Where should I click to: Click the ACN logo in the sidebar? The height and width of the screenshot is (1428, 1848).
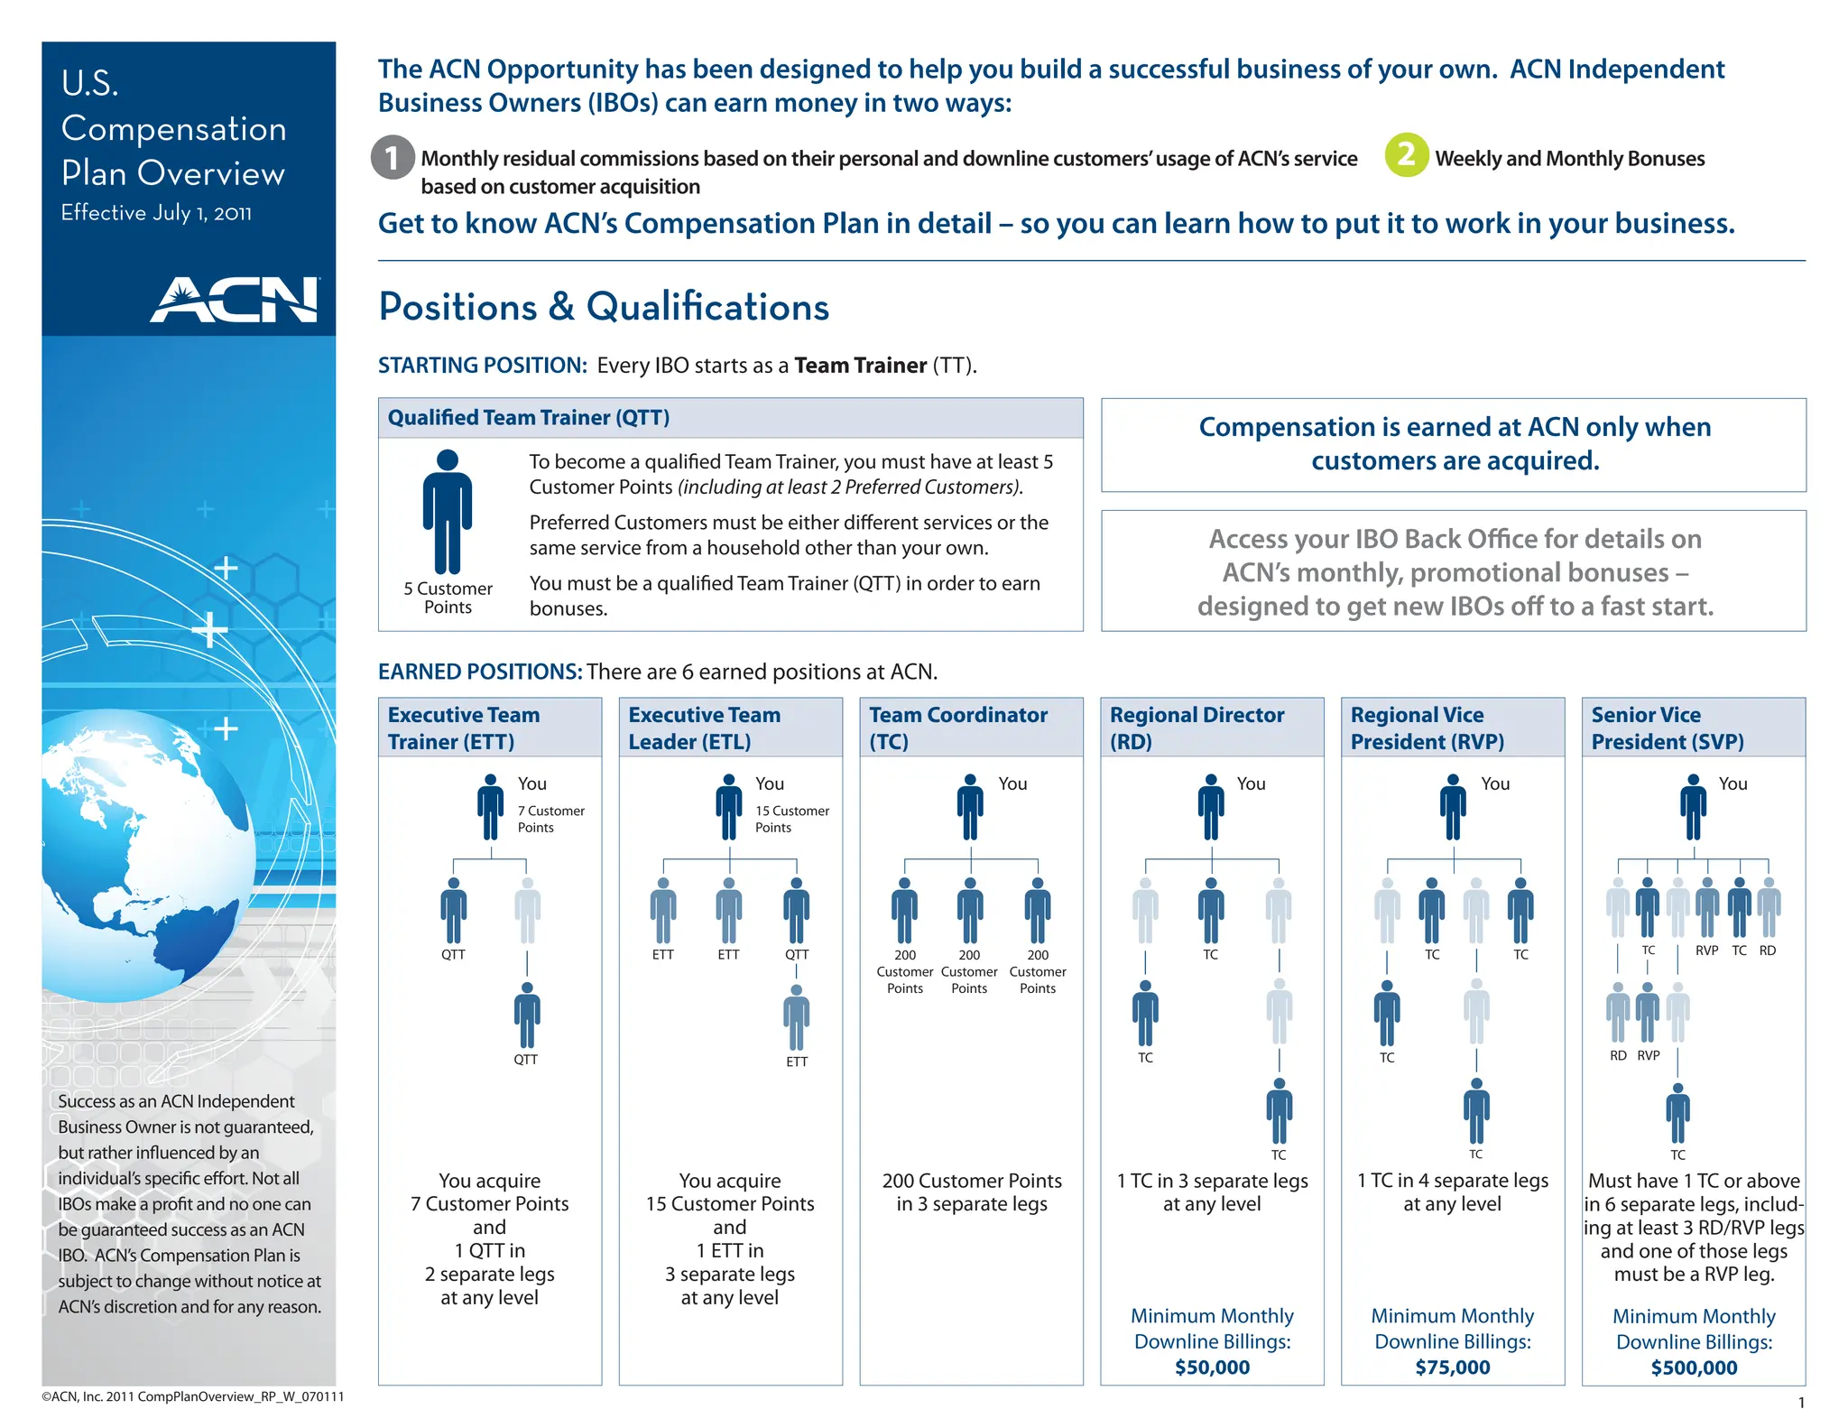click(235, 300)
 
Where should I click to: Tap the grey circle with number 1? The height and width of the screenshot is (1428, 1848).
click(393, 157)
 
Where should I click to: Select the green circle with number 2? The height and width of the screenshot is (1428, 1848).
click(1406, 155)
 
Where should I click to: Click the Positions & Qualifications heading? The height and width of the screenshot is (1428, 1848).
click(604, 307)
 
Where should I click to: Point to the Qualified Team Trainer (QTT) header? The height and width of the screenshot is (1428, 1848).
click(529, 418)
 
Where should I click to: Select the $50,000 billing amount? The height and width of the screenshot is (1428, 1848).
click(1212, 1368)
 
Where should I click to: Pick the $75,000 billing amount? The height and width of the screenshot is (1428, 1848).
click(1452, 1368)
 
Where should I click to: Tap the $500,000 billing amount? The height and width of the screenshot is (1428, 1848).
click(1694, 1368)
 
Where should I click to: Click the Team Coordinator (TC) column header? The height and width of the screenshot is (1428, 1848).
click(958, 728)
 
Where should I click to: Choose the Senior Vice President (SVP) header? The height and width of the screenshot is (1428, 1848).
click(1667, 728)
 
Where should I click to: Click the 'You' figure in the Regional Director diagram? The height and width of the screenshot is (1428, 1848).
click(1211, 807)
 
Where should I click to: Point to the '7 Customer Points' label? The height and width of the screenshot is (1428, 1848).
click(550, 819)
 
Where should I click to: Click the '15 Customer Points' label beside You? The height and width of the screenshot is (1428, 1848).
click(791, 819)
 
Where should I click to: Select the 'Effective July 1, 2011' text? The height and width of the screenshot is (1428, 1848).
click(156, 213)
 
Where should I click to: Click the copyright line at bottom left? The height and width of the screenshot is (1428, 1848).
click(192, 1396)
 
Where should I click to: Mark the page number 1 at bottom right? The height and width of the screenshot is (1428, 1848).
click(1801, 1403)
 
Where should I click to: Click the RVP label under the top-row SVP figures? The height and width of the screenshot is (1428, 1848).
click(1706, 950)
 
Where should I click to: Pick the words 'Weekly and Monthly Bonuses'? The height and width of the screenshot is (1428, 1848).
click(1569, 159)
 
